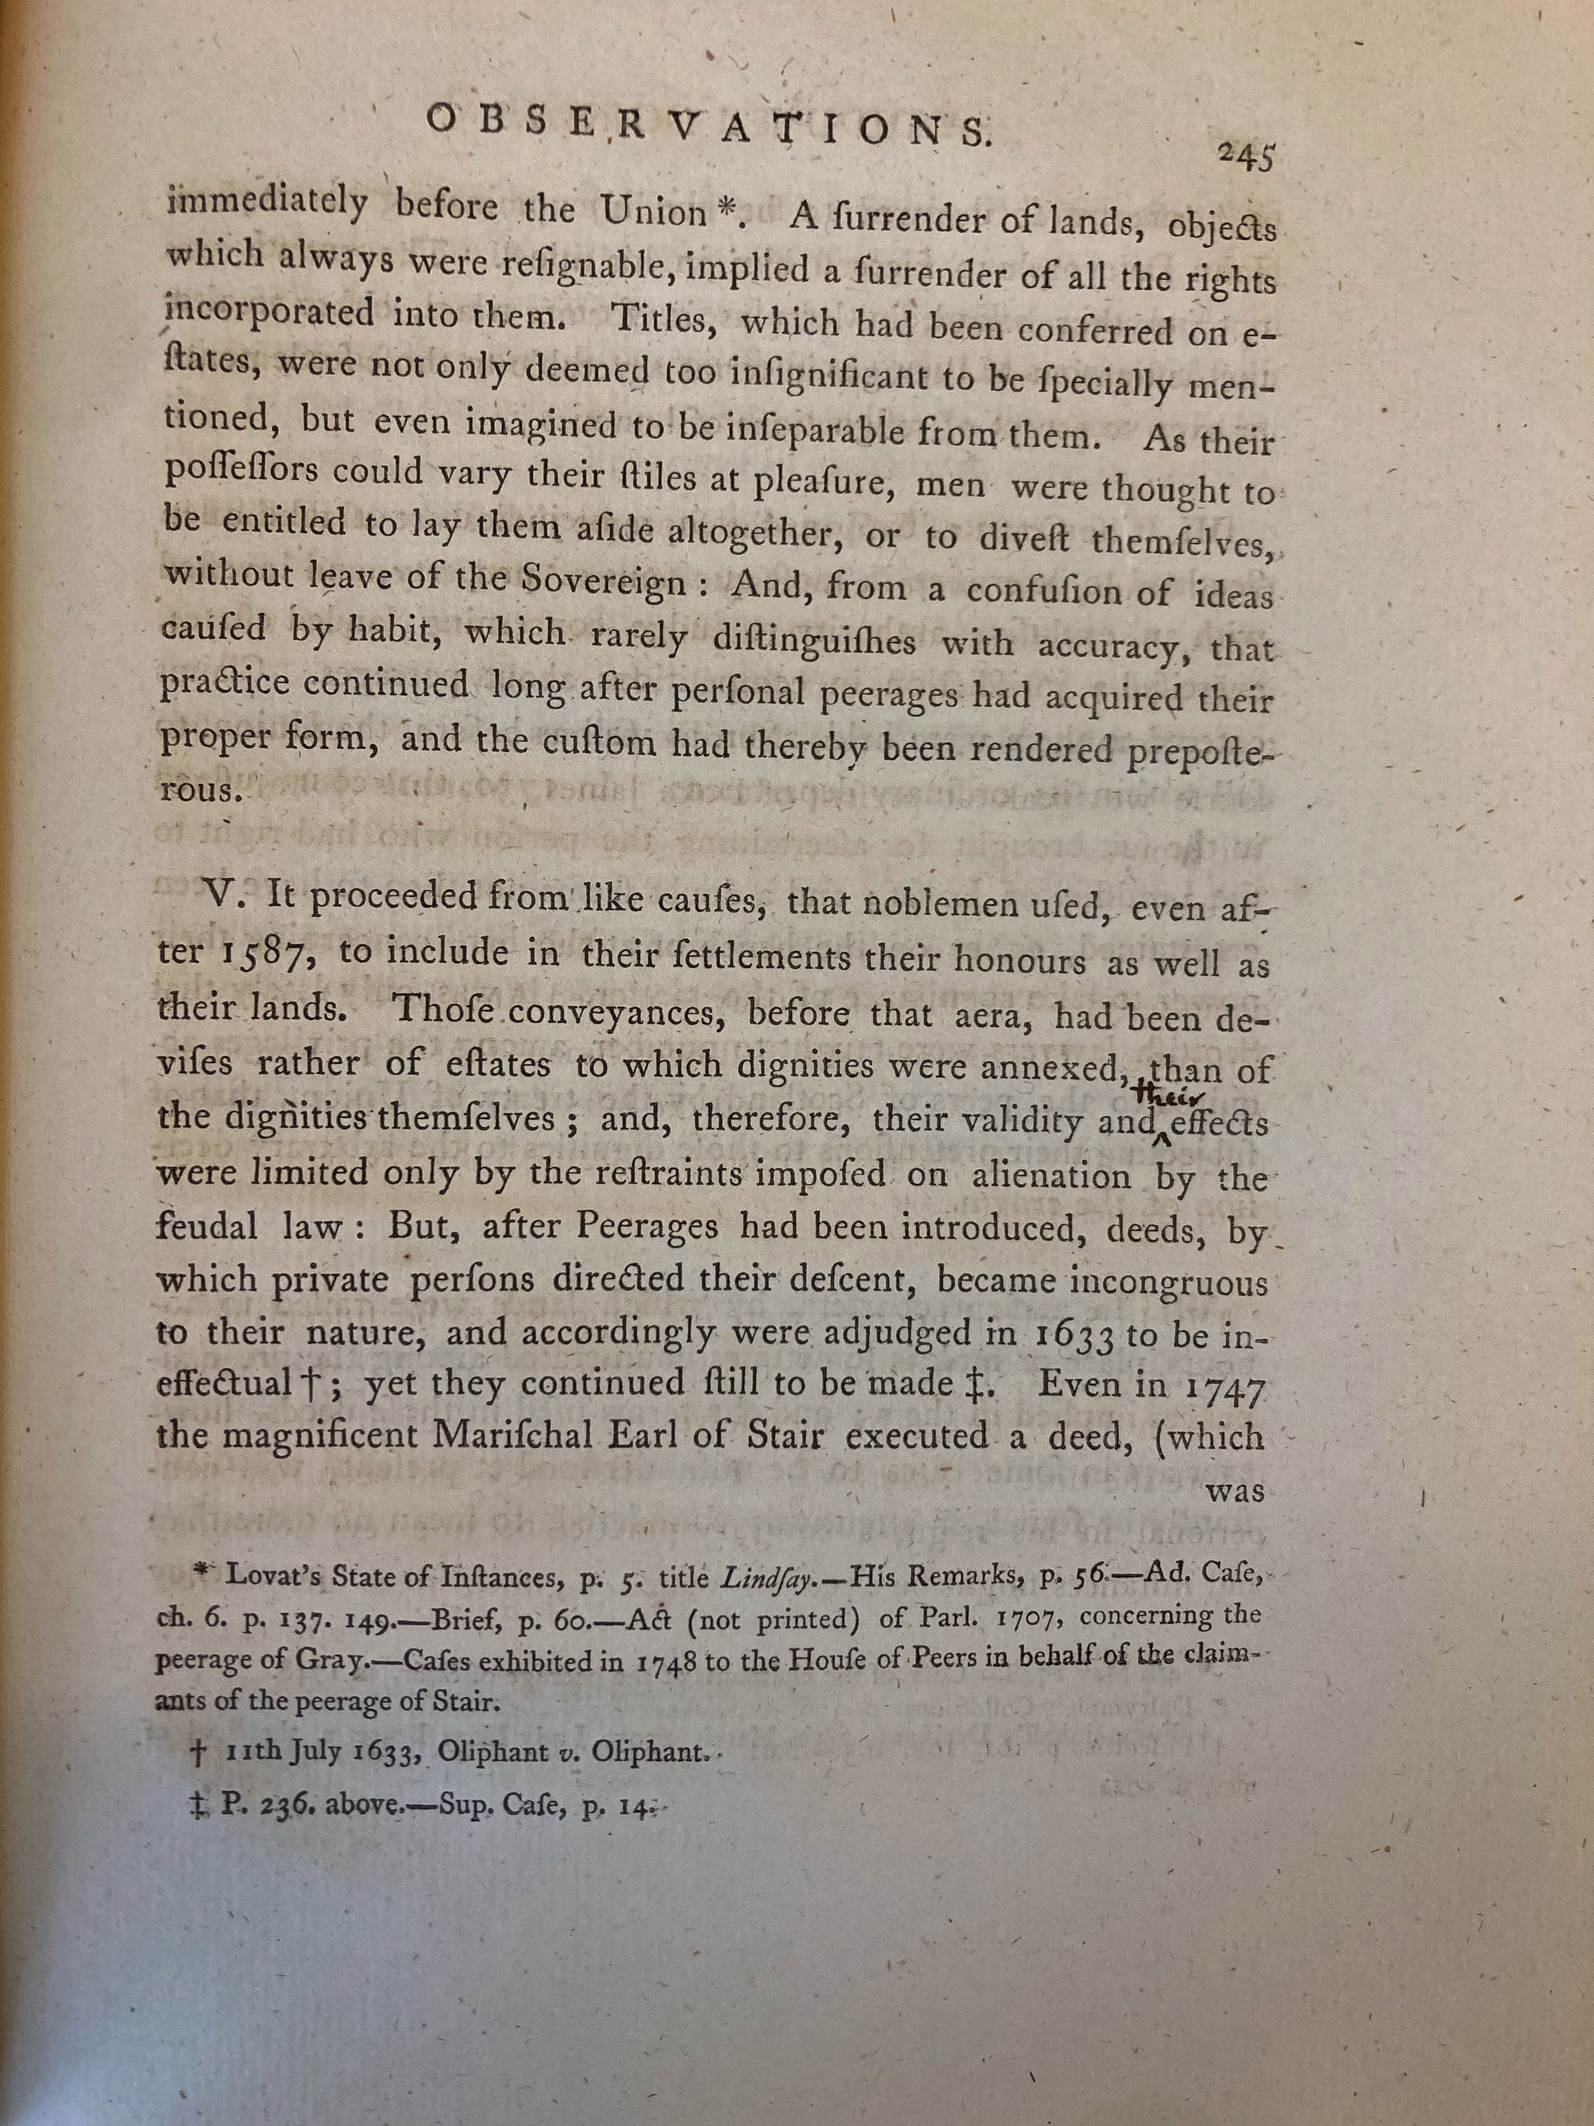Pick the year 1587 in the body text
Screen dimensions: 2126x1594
coord(264,953)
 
